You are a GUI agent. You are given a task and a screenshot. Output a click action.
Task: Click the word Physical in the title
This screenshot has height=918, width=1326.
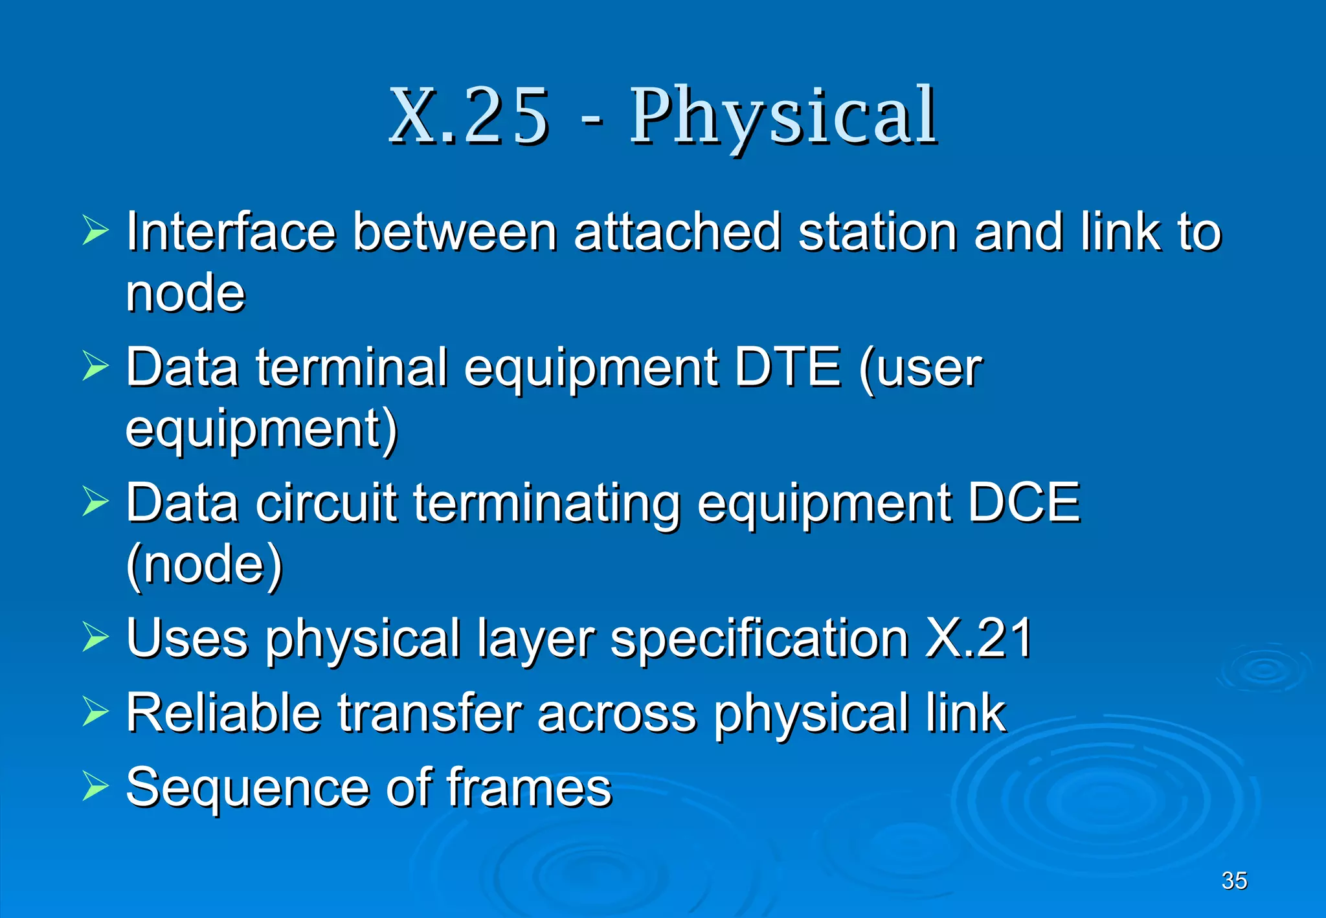[x=783, y=117]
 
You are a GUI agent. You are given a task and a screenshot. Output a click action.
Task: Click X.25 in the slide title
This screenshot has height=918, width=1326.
[x=469, y=117]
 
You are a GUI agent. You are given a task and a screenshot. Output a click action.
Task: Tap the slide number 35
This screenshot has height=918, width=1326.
[x=1234, y=880]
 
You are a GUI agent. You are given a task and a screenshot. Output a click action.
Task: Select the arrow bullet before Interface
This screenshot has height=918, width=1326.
[x=96, y=231]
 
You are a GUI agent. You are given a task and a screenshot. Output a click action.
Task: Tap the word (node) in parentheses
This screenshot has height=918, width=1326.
[x=205, y=564]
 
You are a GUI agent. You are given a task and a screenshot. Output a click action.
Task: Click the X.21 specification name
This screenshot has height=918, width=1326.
[x=978, y=638]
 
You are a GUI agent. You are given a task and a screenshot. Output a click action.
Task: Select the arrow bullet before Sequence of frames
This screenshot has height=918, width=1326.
[x=96, y=787]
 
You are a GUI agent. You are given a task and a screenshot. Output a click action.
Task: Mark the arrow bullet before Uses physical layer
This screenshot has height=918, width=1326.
[x=96, y=637]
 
